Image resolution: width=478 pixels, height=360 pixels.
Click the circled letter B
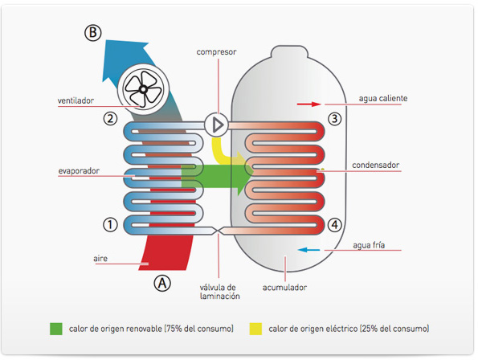pos(93,33)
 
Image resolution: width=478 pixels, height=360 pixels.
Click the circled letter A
pos(162,283)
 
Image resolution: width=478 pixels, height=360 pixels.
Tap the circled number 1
pos(110,225)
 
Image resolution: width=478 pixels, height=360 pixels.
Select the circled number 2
pos(110,118)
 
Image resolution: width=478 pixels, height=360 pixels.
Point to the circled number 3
pos(334,118)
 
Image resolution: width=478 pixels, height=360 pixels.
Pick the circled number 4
pos(334,225)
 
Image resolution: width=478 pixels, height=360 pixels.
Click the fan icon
pos(143,89)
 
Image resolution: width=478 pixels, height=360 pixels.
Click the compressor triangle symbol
pos(218,125)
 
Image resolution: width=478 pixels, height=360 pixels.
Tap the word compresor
pos(216,51)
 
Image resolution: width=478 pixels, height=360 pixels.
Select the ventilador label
pos(76,100)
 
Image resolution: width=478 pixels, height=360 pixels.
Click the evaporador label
pos(79,170)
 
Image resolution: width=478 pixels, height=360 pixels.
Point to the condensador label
pos(376,165)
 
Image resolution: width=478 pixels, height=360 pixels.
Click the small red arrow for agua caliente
pos(308,104)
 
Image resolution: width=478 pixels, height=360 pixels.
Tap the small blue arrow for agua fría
pos(308,250)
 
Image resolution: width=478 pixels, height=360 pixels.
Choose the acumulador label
pos(284,287)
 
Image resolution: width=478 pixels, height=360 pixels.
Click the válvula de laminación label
pos(220,292)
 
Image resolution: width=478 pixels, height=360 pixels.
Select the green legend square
pos(56,329)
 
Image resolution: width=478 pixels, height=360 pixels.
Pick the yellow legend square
pos(255,329)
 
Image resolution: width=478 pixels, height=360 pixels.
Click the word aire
pos(100,259)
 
